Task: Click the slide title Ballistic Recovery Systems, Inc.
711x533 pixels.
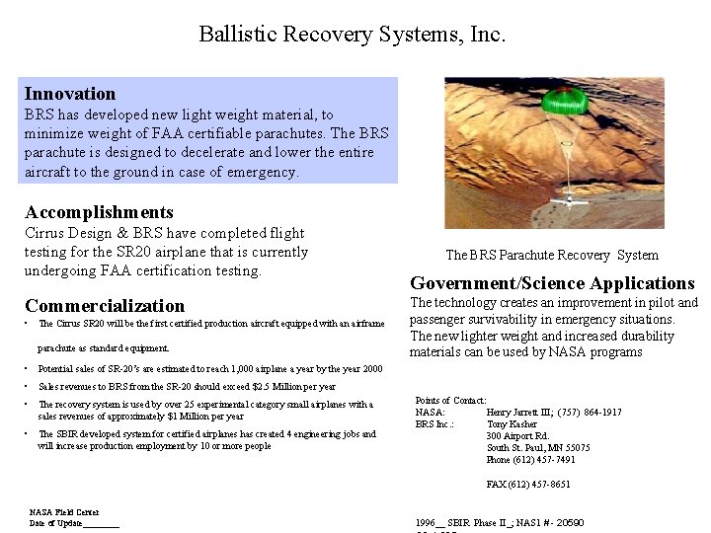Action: click(x=352, y=35)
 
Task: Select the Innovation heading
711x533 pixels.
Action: click(x=70, y=94)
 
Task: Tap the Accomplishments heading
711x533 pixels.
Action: click(x=99, y=212)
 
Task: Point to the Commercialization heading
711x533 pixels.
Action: click(x=105, y=306)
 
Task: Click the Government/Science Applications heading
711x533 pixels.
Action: click(x=552, y=283)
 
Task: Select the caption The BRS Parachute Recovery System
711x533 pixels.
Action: click(x=551, y=255)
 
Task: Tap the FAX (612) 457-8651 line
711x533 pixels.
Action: click(x=528, y=485)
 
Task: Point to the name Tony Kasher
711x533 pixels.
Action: click(x=513, y=423)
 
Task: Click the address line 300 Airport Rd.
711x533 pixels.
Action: click(x=517, y=435)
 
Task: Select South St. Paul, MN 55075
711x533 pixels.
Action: click(x=538, y=447)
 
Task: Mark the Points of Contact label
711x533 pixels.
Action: click(x=450, y=400)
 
